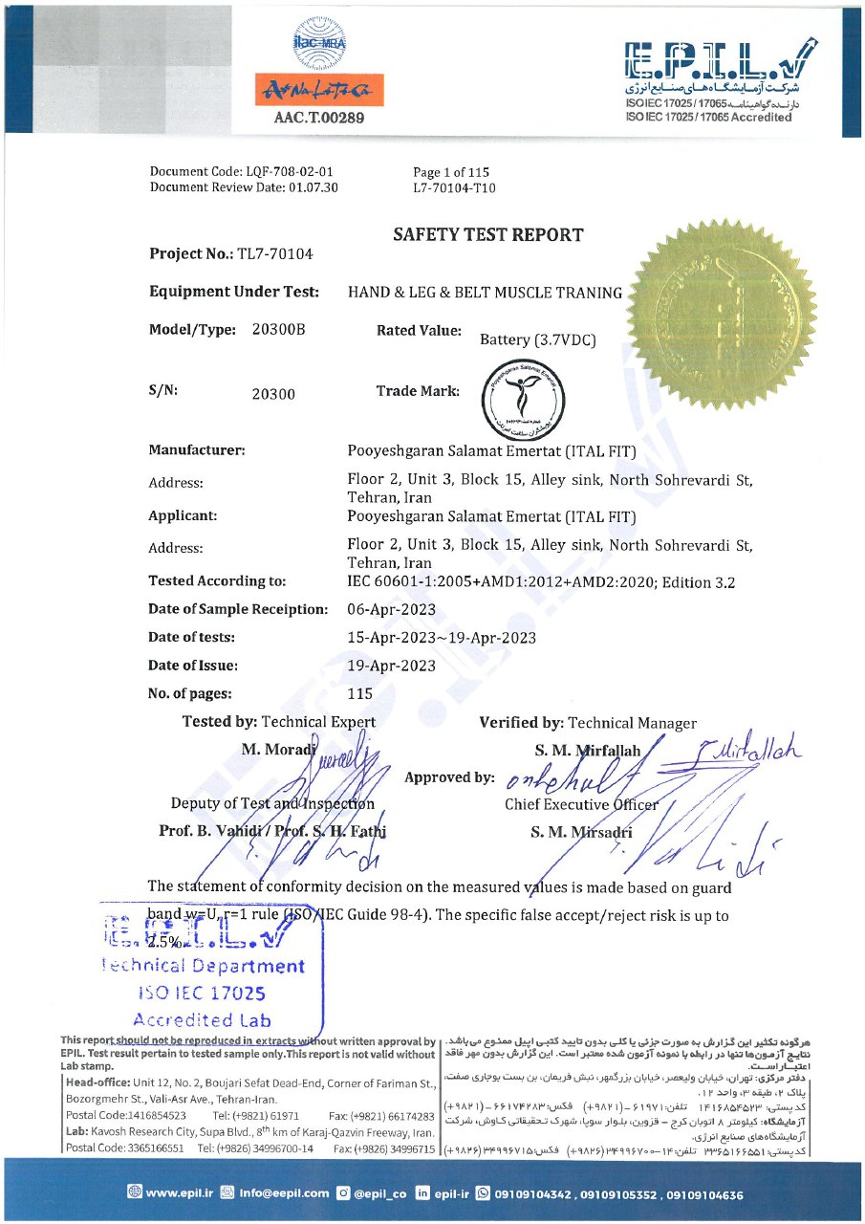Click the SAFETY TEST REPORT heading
pos(487,234)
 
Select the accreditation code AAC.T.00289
pos(318,119)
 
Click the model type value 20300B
pos(278,330)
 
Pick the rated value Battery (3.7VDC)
pos(538,339)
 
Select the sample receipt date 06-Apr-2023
pos(392,609)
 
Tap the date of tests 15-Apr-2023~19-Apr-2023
pos(442,638)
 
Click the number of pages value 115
pos(360,694)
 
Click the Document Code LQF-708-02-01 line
pos(242,172)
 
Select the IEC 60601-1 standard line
pos(541,581)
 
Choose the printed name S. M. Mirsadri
pos(581,832)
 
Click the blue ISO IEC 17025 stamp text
pos(201,994)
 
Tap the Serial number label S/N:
pos(163,391)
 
